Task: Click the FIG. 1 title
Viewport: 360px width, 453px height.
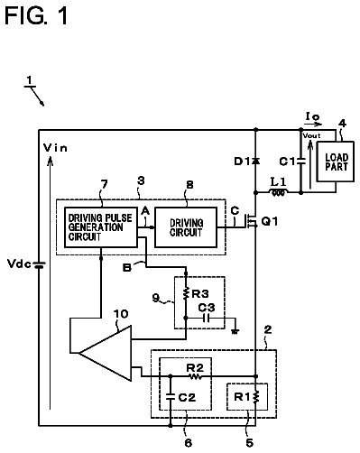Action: tap(36, 15)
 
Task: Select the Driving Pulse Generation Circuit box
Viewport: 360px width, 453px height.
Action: tap(101, 227)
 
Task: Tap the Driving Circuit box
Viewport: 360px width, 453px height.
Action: tap(186, 227)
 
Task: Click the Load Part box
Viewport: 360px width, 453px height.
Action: tap(336, 162)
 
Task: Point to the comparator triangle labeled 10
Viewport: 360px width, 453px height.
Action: tap(106, 353)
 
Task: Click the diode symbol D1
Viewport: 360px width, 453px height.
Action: tap(256, 162)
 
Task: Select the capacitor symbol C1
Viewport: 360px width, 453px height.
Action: tap(300, 162)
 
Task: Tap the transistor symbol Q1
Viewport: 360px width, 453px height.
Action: tap(251, 221)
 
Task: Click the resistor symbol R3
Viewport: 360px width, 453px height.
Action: tap(186, 293)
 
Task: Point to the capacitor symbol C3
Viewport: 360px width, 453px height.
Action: tap(207, 318)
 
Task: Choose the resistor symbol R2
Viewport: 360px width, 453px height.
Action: tap(196, 376)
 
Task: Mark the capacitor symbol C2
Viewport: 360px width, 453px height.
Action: tap(171, 397)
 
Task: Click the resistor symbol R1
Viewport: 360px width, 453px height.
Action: tap(256, 397)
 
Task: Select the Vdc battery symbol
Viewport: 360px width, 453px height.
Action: tap(39, 264)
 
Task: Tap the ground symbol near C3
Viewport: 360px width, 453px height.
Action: tap(235, 331)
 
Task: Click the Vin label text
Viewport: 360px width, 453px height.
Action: tap(55, 148)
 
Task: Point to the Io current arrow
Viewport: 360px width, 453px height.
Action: tap(313, 124)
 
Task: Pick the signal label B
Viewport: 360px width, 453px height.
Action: tap(127, 267)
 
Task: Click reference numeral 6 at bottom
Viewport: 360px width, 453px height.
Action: tap(189, 443)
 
